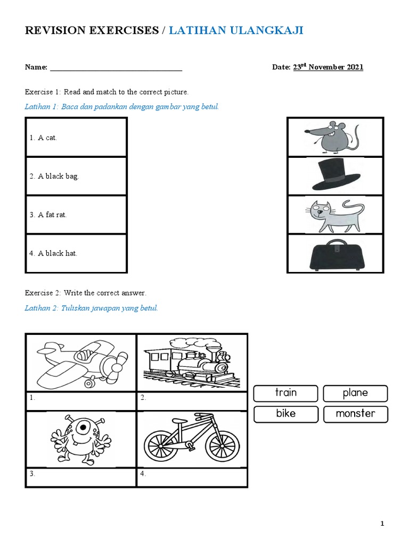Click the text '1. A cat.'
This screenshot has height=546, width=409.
pos(43,138)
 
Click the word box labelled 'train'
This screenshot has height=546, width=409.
pos(285,393)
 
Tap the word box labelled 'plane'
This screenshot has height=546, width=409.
pos(355,393)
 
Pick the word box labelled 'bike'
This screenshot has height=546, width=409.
pos(285,413)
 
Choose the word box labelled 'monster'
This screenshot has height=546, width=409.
pos(355,413)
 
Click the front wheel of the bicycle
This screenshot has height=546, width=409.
pos(220,446)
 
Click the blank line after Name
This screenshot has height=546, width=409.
pos(116,68)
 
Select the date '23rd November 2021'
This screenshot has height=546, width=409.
pos(328,67)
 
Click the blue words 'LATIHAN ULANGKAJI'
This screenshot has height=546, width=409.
pos(236,30)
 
